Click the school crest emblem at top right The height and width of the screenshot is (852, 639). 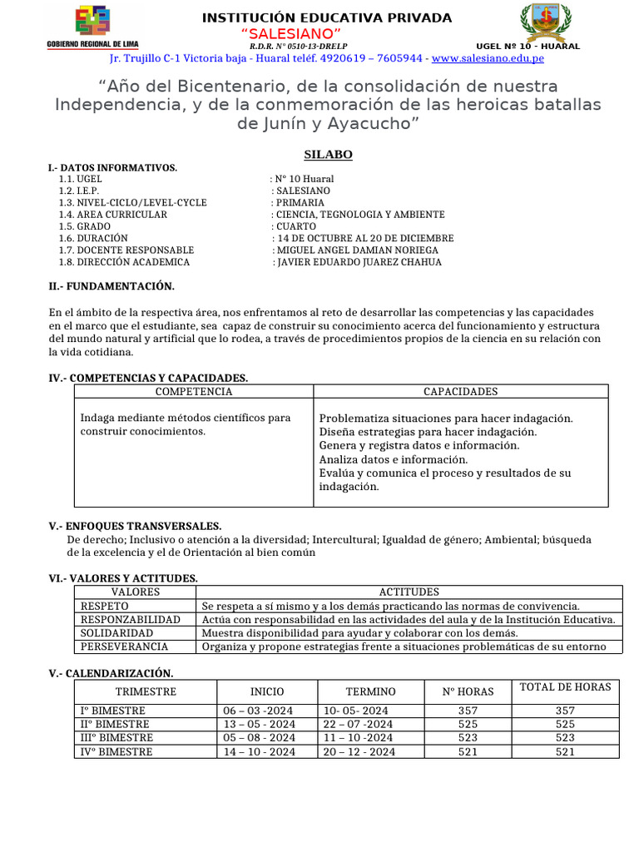(x=546, y=22)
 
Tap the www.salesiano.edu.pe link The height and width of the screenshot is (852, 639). (x=488, y=58)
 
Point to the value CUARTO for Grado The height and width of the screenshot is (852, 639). (x=296, y=226)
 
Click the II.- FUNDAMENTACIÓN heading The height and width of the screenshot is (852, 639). (x=111, y=286)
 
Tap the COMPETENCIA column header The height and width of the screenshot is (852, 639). (x=194, y=392)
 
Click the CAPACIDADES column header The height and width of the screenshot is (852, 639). (x=460, y=392)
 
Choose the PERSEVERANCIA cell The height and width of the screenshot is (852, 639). (x=124, y=646)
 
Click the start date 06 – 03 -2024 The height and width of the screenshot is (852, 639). (x=259, y=711)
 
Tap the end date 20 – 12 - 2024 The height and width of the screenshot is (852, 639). (x=359, y=751)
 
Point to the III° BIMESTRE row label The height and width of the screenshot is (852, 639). (x=116, y=738)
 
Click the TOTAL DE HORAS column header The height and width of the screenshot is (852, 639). (x=565, y=687)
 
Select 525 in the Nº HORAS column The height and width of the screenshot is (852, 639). (x=468, y=725)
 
